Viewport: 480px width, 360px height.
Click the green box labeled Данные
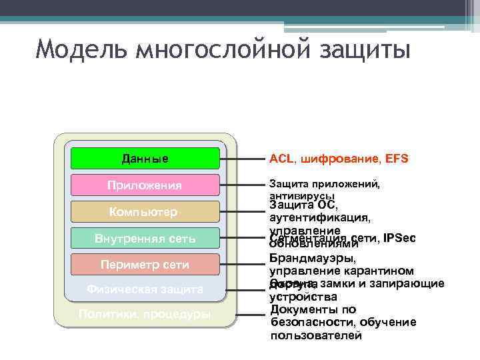[x=145, y=159]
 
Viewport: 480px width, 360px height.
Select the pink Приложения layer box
[x=145, y=185]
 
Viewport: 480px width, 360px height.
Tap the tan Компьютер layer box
[x=145, y=212]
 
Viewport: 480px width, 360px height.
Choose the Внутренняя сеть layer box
[x=145, y=238]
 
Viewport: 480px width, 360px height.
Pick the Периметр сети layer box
[x=145, y=265]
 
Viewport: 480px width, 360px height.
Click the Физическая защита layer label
[x=145, y=289]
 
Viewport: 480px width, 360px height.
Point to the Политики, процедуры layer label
[x=145, y=314]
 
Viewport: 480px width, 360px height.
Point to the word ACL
[x=281, y=159]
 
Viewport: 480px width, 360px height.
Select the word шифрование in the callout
[x=337, y=159]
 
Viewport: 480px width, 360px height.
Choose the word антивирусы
[x=301, y=196]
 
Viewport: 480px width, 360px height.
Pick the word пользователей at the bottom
[x=316, y=335]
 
